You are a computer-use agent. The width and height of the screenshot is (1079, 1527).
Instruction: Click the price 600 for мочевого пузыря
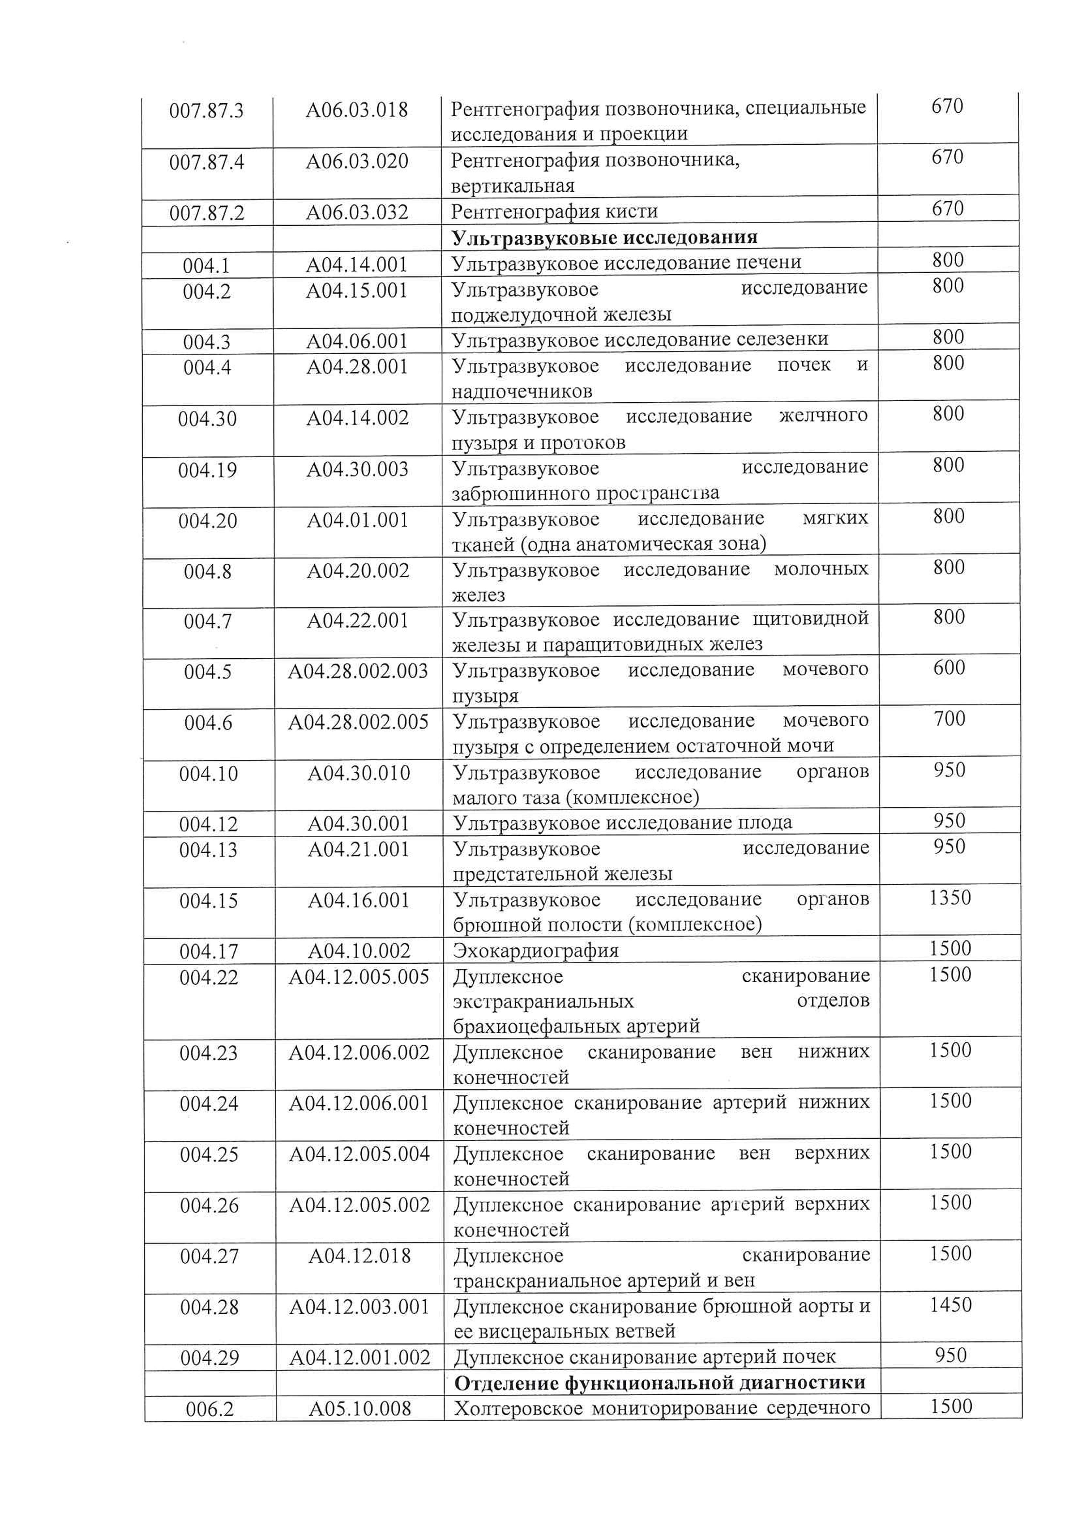(949, 668)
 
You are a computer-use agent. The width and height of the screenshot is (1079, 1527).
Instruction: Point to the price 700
(949, 719)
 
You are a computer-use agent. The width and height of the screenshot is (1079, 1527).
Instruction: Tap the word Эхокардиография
(536, 950)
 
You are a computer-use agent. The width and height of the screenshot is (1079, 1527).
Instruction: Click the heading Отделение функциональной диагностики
(660, 1383)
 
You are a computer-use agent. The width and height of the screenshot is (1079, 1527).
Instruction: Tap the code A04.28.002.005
(358, 722)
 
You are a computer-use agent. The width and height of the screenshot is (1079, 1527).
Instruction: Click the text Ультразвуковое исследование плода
(622, 823)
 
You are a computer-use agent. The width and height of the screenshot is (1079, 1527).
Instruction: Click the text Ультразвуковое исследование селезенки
(640, 339)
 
